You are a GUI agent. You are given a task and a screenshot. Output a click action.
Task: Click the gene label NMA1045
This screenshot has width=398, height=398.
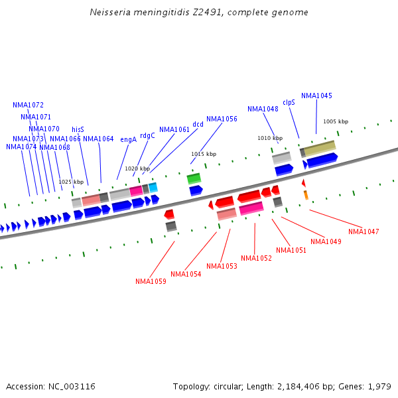[x=316, y=96]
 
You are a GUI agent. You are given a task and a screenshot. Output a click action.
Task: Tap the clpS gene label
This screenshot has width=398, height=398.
[x=289, y=102]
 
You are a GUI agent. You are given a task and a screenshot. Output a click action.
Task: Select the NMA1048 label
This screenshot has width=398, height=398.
[x=263, y=109]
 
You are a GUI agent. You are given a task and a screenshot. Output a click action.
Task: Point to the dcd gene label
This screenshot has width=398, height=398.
[x=198, y=124]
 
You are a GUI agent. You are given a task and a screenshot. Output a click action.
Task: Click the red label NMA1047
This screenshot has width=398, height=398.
[x=364, y=232]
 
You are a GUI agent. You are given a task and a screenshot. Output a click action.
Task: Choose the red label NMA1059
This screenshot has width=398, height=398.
[x=151, y=281]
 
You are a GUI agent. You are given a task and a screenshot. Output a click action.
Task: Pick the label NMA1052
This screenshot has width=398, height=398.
[x=256, y=258]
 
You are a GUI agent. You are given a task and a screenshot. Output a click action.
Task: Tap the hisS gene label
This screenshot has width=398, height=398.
[x=78, y=129]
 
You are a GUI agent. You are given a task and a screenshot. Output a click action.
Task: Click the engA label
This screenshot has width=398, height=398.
[x=128, y=139]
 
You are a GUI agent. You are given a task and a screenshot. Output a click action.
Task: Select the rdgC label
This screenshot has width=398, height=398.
[x=147, y=135]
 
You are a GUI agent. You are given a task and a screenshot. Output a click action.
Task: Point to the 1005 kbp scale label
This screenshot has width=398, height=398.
[x=335, y=121]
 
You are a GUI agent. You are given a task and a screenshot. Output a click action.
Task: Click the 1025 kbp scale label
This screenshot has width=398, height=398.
[x=71, y=182]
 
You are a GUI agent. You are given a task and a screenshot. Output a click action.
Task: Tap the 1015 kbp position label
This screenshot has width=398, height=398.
[x=204, y=154]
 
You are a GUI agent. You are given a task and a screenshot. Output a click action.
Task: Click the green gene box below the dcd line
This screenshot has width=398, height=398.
[x=194, y=178]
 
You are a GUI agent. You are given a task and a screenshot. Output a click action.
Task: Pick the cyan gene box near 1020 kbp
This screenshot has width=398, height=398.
[x=153, y=188]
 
